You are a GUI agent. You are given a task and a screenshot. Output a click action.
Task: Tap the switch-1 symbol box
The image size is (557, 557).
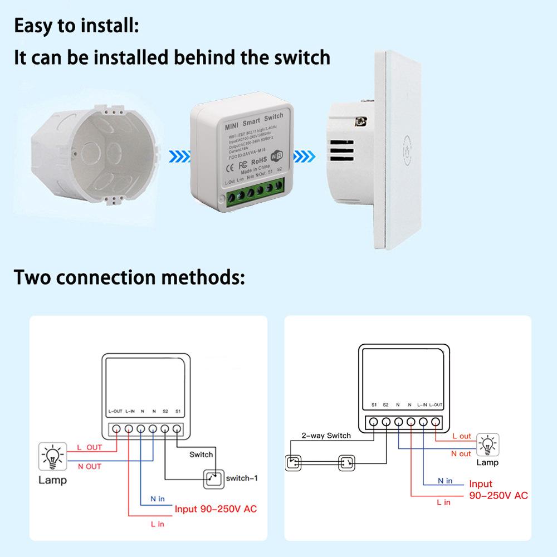point(211,478)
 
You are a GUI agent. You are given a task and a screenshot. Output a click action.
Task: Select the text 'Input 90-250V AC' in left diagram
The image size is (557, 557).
point(216,509)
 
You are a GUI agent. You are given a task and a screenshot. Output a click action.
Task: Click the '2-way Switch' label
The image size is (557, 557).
point(326,436)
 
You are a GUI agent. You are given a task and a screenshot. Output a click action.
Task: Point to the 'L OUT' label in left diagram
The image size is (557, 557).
point(89,447)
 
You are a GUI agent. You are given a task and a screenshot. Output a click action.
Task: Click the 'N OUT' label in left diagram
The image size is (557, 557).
point(89,466)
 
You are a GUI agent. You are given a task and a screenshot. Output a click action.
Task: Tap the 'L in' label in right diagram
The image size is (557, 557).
point(443,502)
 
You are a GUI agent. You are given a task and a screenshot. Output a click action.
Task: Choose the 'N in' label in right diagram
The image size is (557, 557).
point(444,480)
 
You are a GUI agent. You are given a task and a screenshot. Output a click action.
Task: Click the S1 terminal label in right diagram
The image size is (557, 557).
point(374,405)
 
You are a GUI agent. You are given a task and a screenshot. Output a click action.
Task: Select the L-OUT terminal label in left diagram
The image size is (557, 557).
point(115,411)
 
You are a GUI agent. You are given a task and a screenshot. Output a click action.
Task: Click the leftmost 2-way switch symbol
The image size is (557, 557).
point(293,462)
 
